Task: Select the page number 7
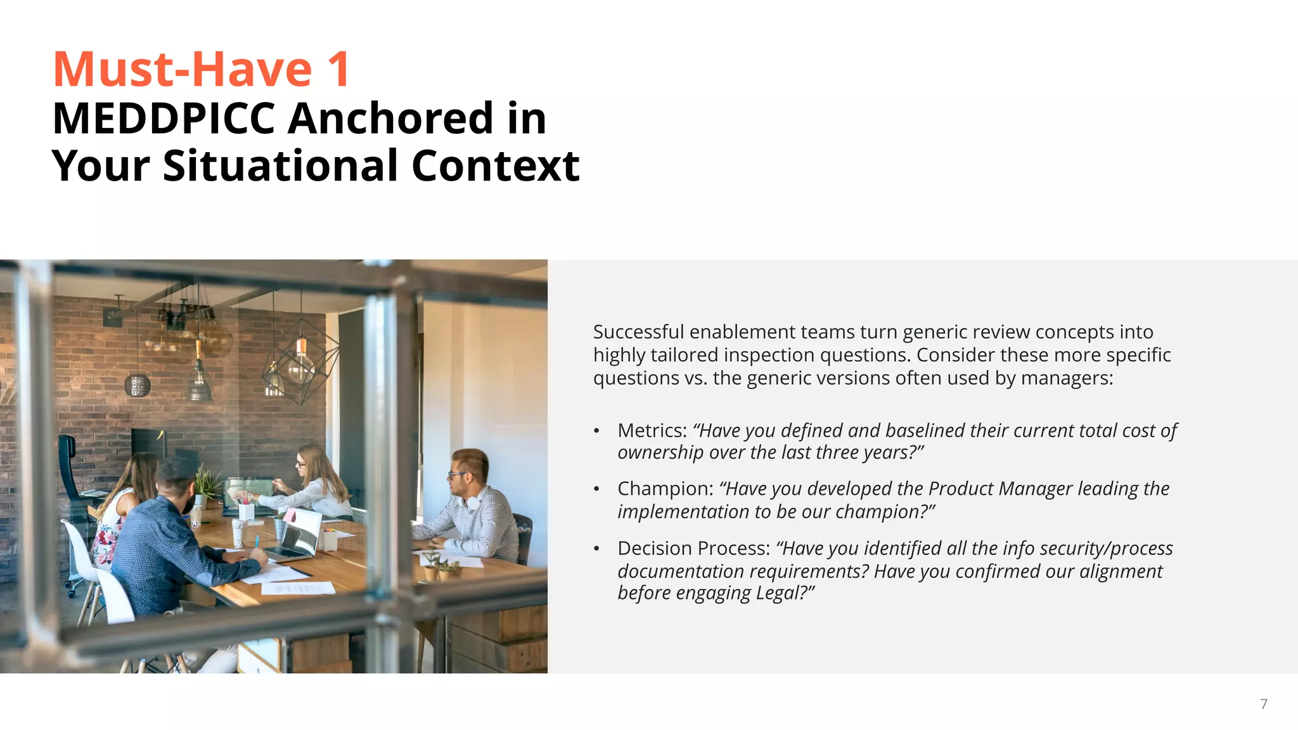1263,704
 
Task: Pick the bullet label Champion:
665,489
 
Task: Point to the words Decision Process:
693,548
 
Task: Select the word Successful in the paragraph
638,332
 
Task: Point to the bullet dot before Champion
596,489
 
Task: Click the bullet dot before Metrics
596,431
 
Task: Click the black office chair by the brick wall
73,469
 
